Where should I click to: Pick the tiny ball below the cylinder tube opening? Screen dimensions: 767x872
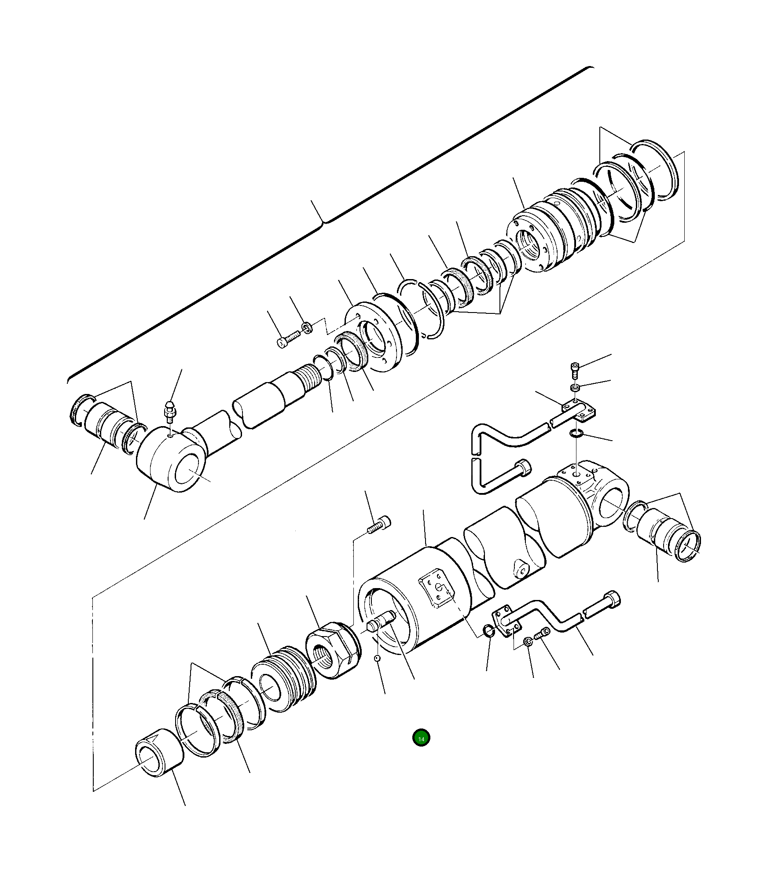377,670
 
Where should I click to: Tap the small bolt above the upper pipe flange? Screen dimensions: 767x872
575,370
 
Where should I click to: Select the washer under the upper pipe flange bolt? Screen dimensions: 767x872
575,387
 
